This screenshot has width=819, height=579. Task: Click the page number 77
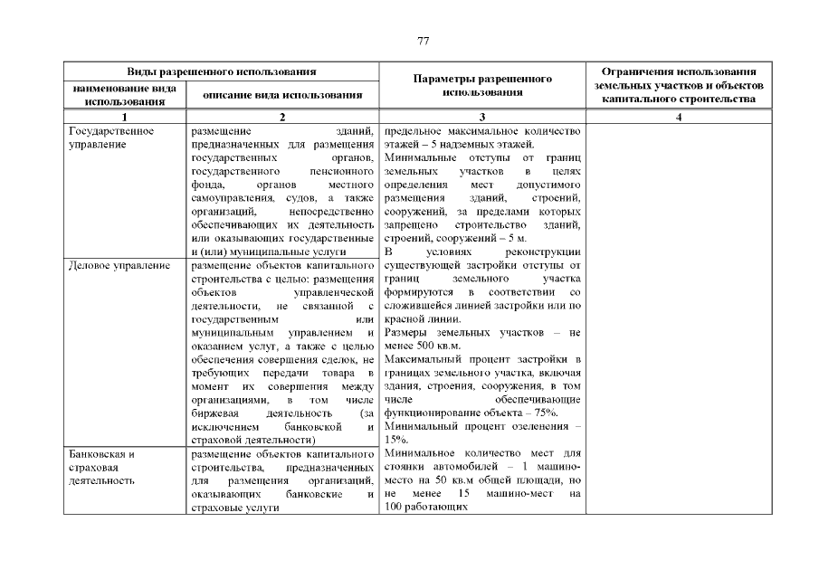point(423,41)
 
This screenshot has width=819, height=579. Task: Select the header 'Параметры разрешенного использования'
point(481,85)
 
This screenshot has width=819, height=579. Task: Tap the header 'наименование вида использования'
point(124,94)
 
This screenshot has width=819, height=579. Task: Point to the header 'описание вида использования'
point(281,94)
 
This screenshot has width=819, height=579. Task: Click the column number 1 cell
point(124,117)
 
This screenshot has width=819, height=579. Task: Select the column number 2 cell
point(281,117)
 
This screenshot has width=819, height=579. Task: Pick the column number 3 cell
point(481,117)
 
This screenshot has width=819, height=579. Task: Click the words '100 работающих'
point(425,508)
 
